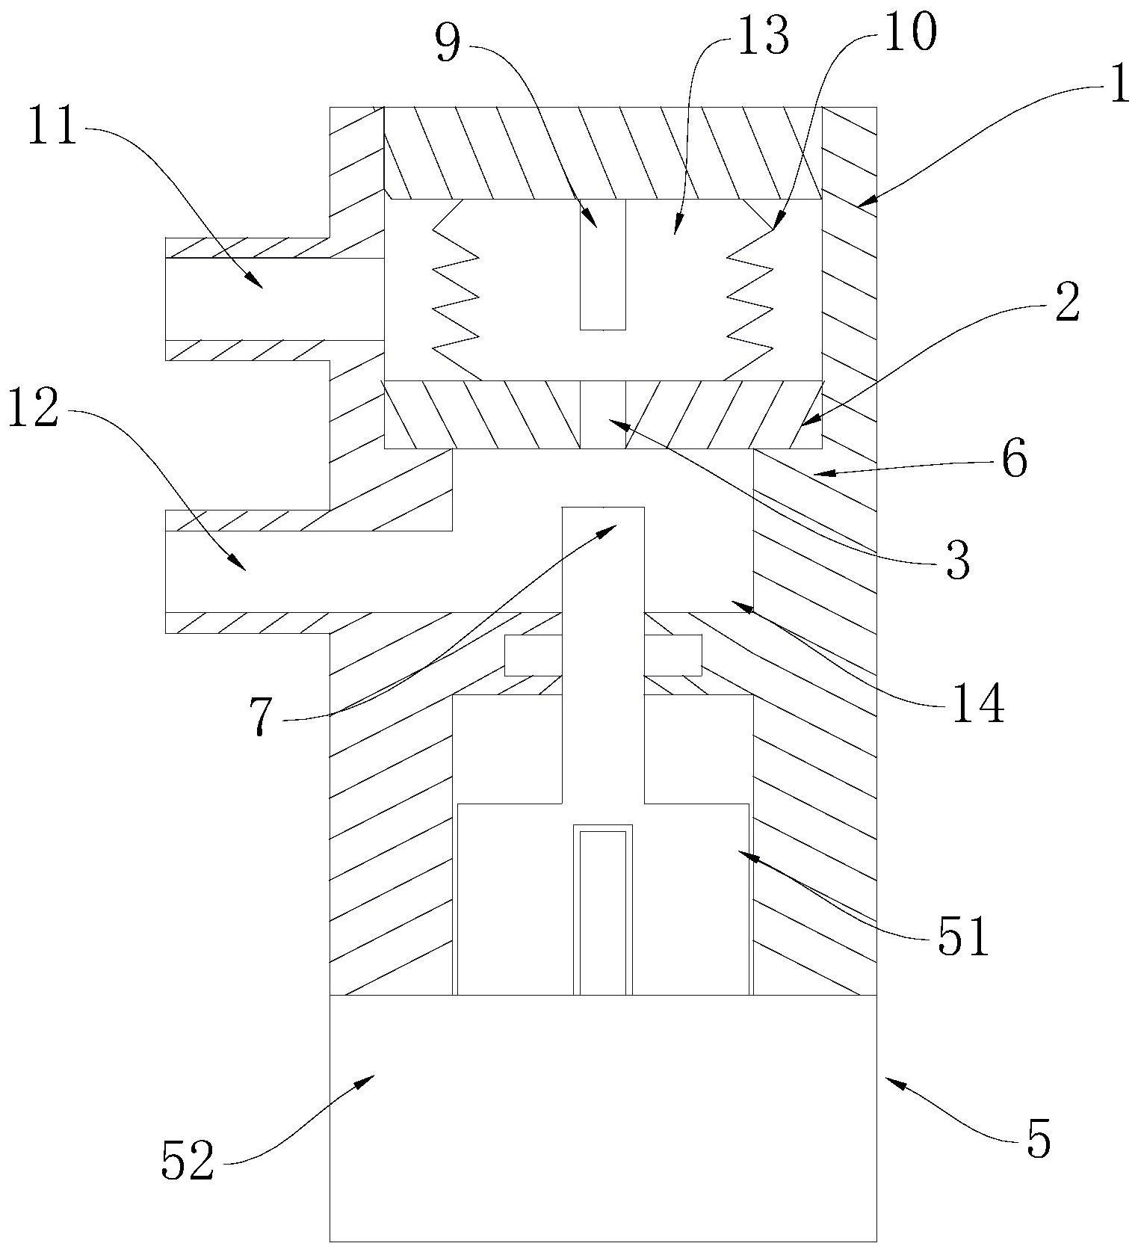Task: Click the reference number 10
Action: [909, 33]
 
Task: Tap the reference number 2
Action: [1067, 304]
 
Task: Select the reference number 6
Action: [1015, 459]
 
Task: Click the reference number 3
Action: [957, 559]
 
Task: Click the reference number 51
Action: [963, 936]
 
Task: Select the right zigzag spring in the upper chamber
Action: [749, 292]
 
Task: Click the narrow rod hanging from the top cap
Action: [603, 264]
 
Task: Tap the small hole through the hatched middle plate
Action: [603, 414]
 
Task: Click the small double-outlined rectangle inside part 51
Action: [602, 910]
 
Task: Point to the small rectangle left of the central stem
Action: [533, 655]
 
